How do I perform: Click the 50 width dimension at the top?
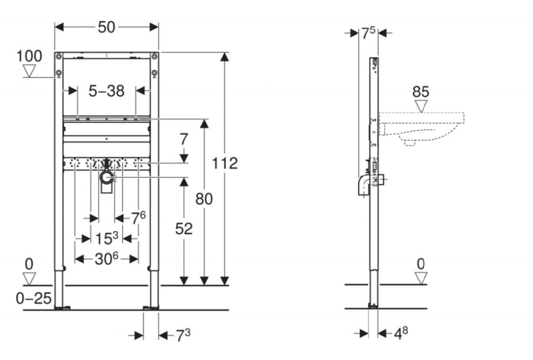[x=106, y=27]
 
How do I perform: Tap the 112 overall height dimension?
[x=225, y=163]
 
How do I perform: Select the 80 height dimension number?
[x=204, y=198]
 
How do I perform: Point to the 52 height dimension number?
[x=184, y=229]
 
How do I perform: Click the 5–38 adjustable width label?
[x=106, y=91]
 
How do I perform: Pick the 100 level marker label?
[x=29, y=56]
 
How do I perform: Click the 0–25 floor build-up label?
[x=34, y=299]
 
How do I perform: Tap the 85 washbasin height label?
[x=421, y=92]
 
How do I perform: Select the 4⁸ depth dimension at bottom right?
[x=401, y=333]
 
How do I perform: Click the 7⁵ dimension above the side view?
[x=368, y=33]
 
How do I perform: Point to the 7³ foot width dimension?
[x=183, y=336]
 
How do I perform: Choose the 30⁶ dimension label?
[x=106, y=259]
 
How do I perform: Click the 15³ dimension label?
[x=106, y=239]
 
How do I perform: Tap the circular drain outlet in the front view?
[x=107, y=177]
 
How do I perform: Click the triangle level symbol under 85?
[x=421, y=106]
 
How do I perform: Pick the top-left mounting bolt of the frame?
[x=59, y=56]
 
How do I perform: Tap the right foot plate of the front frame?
[x=150, y=308]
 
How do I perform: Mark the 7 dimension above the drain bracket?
[x=184, y=140]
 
